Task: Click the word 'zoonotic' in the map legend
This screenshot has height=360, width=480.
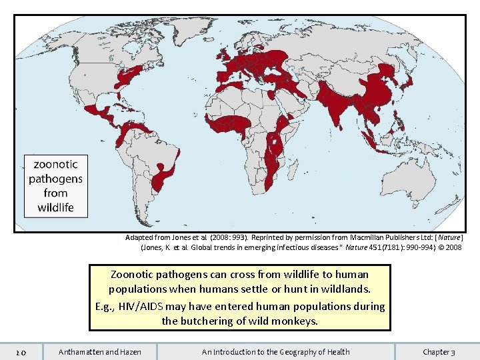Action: [55, 164]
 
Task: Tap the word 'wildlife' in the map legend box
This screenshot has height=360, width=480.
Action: [55, 207]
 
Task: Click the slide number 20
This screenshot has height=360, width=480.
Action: [21, 352]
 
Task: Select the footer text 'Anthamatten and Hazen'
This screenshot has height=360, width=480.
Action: [100, 352]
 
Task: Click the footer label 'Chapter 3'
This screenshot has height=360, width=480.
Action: [439, 352]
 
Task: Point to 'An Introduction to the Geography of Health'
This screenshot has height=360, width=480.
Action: [275, 352]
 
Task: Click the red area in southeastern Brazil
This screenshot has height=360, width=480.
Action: [163, 177]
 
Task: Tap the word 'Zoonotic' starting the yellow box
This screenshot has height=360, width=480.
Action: [133, 274]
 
